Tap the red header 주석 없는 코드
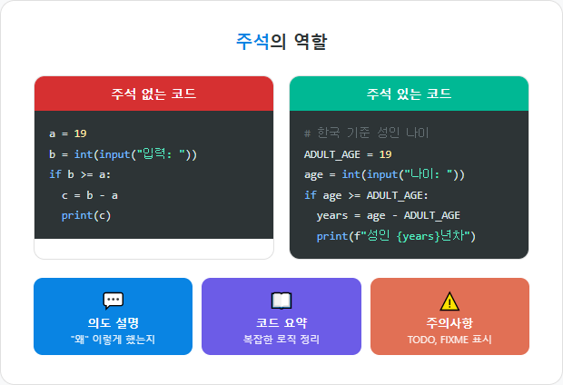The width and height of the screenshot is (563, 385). point(153,94)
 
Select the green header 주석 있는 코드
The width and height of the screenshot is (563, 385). point(409,94)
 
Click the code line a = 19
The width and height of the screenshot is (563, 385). point(68,133)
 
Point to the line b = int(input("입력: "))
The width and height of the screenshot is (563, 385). point(123,153)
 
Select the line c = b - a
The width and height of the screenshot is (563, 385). point(90,195)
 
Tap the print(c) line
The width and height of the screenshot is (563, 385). point(86,215)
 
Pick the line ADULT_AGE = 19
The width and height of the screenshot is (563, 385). point(348,153)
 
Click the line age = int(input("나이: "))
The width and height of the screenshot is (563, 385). point(384,174)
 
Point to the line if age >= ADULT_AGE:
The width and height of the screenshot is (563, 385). point(366,195)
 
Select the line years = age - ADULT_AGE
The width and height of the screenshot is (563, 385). point(388,215)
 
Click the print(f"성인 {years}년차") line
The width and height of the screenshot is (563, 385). point(396,236)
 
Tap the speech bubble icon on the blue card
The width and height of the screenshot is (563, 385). point(113,301)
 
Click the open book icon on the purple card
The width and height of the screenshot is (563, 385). point(281,301)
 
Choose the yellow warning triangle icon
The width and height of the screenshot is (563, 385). point(449,301)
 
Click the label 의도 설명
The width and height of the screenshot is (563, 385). point(113,322)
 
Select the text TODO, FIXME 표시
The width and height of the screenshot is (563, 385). point(449,340)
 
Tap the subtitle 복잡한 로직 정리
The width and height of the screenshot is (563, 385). point(281,340)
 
